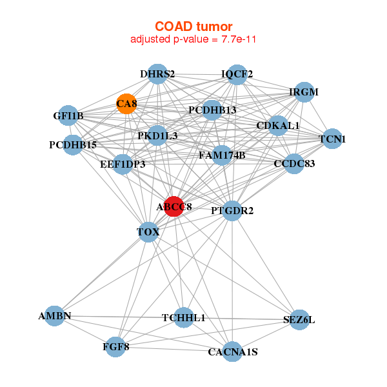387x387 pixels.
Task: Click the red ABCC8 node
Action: click(174, 206)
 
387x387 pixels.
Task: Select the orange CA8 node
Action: click(126, 104)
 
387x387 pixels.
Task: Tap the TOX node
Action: click(148, 232)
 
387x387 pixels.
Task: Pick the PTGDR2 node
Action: click(232, 210)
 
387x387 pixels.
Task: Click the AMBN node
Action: click(55, 316)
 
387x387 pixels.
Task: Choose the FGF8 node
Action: click(116, 346)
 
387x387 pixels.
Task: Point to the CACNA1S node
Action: click(232, 352)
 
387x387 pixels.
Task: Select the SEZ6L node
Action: click(299, 319)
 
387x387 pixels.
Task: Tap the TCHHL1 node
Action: click(183, 317)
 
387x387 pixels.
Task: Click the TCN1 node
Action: click(332, 139)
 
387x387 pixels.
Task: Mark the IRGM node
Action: click(303, 92)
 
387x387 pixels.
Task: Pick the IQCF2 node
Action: click(237, 74)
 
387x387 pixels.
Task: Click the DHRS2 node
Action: click(157, 74)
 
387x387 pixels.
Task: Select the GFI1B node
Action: click(68, 116)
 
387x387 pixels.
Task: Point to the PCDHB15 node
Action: click(73, 144)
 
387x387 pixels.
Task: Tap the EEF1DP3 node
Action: click(123, 164)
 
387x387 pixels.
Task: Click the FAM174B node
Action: click(222, 155)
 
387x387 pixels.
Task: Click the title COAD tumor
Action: click(193, 26)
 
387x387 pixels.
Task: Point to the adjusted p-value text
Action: click(193, 39)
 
